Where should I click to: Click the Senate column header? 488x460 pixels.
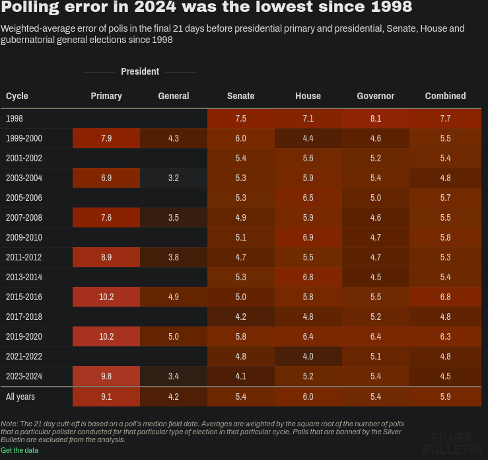pyautogui.click(x=240, y=96)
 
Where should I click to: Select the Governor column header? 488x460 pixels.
pyautogui.click(x=375, y=96)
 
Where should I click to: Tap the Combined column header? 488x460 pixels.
pyautogui.click(x=445, y=96)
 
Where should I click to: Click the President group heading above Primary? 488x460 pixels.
pyautogui.click(x=140, y=71)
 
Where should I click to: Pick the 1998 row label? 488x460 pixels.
pyautogui.click(x=15, y=118)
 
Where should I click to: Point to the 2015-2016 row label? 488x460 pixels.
pyautogui.click(x=24, y=297)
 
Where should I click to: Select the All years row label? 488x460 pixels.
pyautogui.click(x=20, y=397)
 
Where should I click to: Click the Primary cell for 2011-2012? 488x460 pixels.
pyautogui.click(x=106, y=257)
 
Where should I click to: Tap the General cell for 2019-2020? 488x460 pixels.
pyautogui.click(x=174, y=336)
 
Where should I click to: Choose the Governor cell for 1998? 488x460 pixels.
pyautogui.click(x=375, y=118)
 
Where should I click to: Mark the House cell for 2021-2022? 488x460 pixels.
pyautogui.click(x=308, y=356)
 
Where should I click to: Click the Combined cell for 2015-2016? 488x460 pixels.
pyautogui.click(x=445, y=297)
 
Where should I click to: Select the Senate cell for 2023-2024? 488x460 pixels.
pyautogui.click(x=240, y=376)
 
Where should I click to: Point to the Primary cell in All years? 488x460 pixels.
pyautogui.click(x=106, y=397)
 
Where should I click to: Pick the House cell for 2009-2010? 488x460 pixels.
pyautogui.click(x=308, y=237)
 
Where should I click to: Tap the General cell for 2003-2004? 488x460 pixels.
pyautogui.click(x=174, y=178)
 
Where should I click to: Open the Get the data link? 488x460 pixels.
pyautogui.click(x=19, y=450)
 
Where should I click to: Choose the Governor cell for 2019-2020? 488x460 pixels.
pyautogui.click(x=375, y=336)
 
